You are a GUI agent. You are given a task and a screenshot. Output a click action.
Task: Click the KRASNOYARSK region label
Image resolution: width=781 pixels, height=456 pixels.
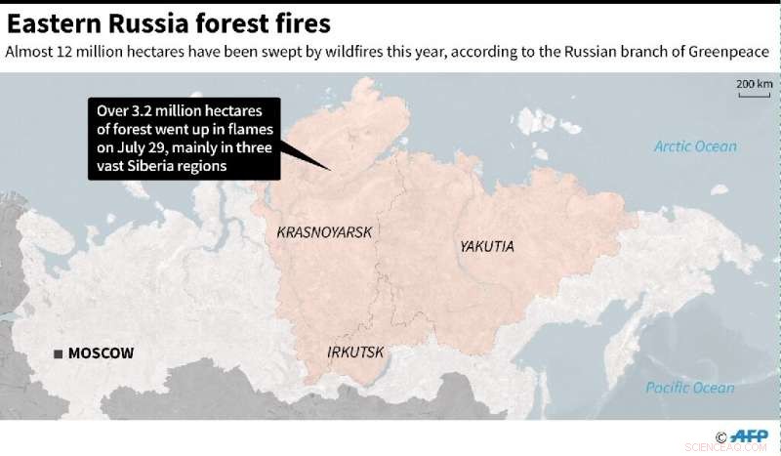pos(326,232)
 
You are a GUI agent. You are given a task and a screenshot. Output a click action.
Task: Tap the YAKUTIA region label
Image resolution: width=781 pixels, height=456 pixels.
pos(486,247)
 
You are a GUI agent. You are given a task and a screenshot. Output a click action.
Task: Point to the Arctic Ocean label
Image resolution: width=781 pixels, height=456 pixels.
pos(695,146)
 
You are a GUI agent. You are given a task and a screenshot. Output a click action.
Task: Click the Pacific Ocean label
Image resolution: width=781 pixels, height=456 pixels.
pos(690,388)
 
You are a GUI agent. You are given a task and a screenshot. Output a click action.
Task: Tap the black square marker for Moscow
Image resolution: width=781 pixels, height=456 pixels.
pos(59,353)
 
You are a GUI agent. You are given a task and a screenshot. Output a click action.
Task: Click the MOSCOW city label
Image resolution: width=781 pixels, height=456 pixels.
pos(101,353)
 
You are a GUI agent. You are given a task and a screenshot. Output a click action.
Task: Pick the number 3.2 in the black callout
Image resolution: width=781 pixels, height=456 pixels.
pos(143,110)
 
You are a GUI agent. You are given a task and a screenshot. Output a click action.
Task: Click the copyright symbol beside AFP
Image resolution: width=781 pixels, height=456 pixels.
pos(720,437)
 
